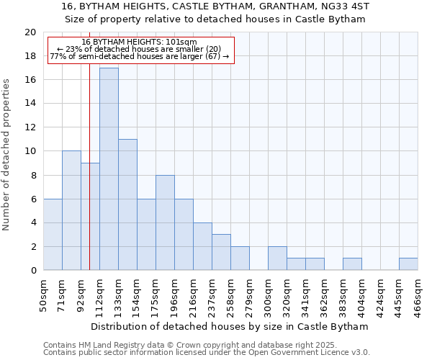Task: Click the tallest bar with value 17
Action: (109, 169)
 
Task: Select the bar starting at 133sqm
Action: (127, 204)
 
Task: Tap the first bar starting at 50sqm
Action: (53, 235)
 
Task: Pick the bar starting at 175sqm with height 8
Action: (165, 222)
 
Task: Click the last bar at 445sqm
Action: (408, 264)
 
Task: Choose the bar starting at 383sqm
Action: (352, 264)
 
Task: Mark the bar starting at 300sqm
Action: (277, 258)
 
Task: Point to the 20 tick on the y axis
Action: (30, 32)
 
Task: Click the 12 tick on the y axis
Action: (30, 127)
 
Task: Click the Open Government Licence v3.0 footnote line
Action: (207, 353)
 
